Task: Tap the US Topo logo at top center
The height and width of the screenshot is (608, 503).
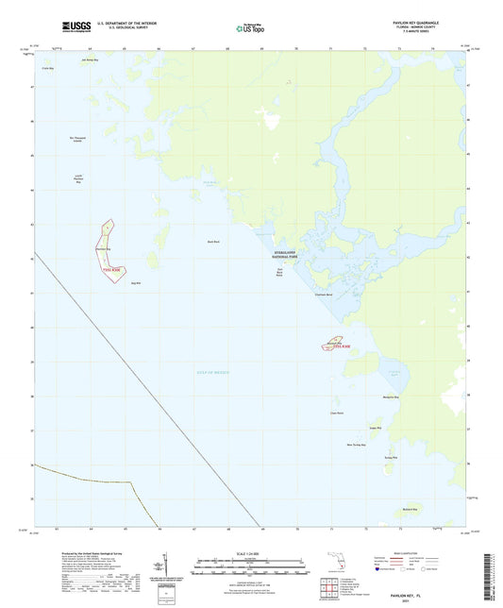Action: [x=250, y=29]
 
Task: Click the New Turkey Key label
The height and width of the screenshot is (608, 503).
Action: [x=356, y=444]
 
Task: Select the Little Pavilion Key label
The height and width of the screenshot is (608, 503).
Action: [x=80, y=179]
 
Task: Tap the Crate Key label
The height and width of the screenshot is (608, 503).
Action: [x=47, y=69]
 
